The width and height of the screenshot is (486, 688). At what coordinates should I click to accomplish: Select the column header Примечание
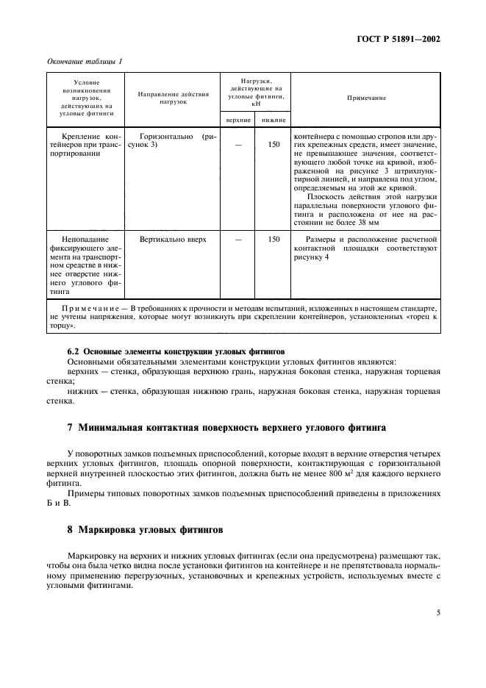tap(365, 98)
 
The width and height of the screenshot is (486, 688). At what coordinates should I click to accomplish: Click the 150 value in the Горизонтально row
tap(274, 145)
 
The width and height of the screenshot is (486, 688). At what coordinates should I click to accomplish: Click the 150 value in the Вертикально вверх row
tap(274, 239)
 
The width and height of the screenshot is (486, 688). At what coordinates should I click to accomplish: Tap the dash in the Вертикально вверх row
tap(237, 239)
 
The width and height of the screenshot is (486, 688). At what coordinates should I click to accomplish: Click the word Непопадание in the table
tap(85, 239)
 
